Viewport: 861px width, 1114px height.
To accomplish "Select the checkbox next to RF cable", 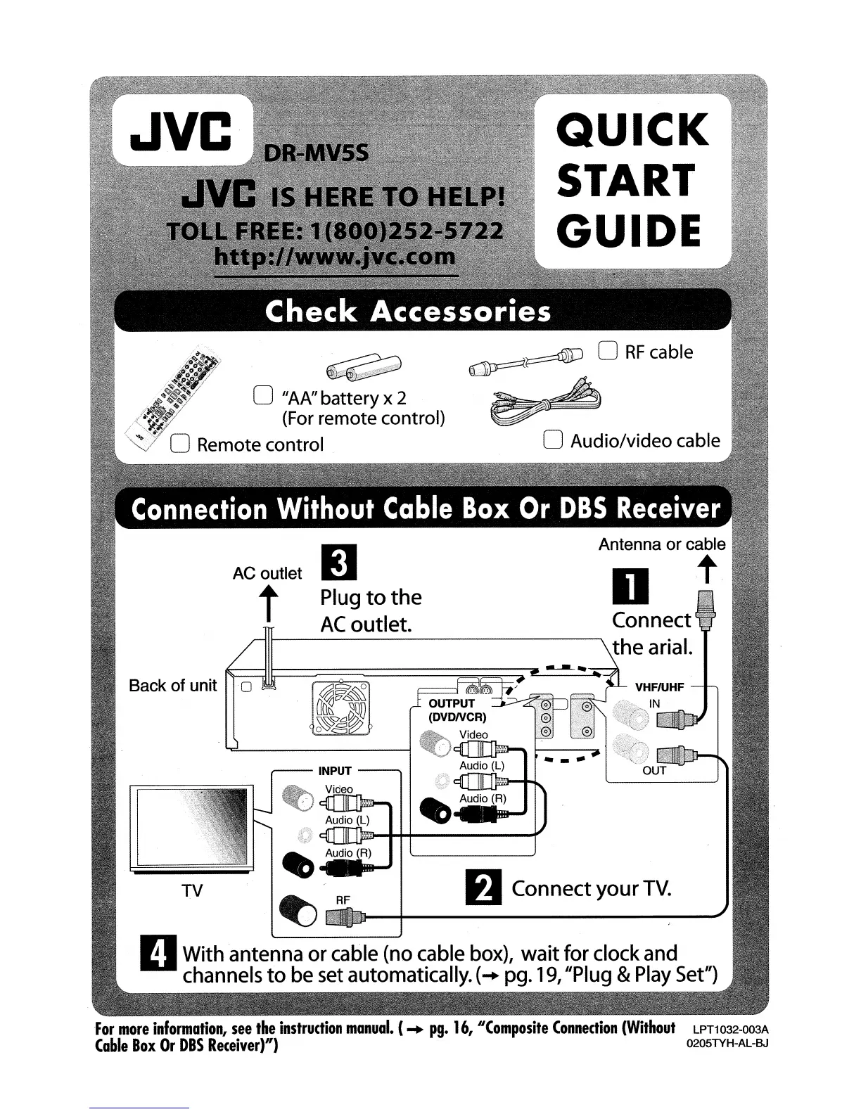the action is [608, 351].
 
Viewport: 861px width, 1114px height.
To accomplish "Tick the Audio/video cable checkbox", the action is [554, 440].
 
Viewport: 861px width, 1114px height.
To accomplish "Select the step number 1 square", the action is [631, 587].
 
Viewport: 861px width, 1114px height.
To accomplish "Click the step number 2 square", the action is [485, 888].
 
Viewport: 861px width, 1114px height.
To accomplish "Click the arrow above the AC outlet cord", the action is [267, 604].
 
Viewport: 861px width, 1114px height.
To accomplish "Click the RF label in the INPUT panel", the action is [343, 899].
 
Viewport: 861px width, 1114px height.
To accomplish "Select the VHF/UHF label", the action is [659, 687].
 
